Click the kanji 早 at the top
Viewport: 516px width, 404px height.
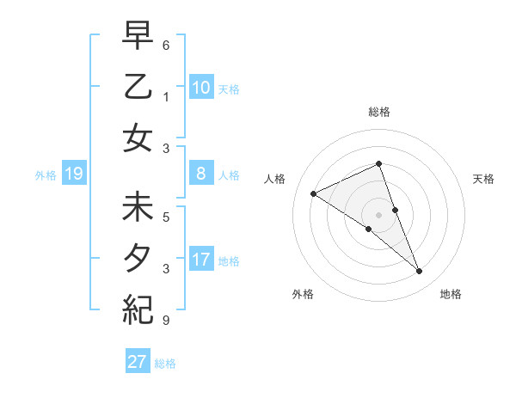138,37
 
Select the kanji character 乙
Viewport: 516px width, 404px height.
138,87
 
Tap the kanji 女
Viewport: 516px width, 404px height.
138,137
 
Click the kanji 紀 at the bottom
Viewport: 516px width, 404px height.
138,308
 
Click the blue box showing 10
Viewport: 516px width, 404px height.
200,88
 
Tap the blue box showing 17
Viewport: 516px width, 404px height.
200,260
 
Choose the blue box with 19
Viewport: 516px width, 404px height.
73,174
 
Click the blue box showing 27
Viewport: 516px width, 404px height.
137,362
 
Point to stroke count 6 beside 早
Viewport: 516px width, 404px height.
166,44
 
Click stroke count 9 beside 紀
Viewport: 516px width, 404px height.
166,321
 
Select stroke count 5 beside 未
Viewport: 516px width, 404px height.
166,217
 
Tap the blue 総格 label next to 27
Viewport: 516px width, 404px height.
165,364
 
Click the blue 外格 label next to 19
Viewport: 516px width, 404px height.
46,175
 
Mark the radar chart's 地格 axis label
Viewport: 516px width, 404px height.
451,294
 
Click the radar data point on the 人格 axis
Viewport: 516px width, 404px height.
313,193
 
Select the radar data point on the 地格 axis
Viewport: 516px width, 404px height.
420,272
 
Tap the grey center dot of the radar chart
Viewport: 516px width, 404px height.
378,214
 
